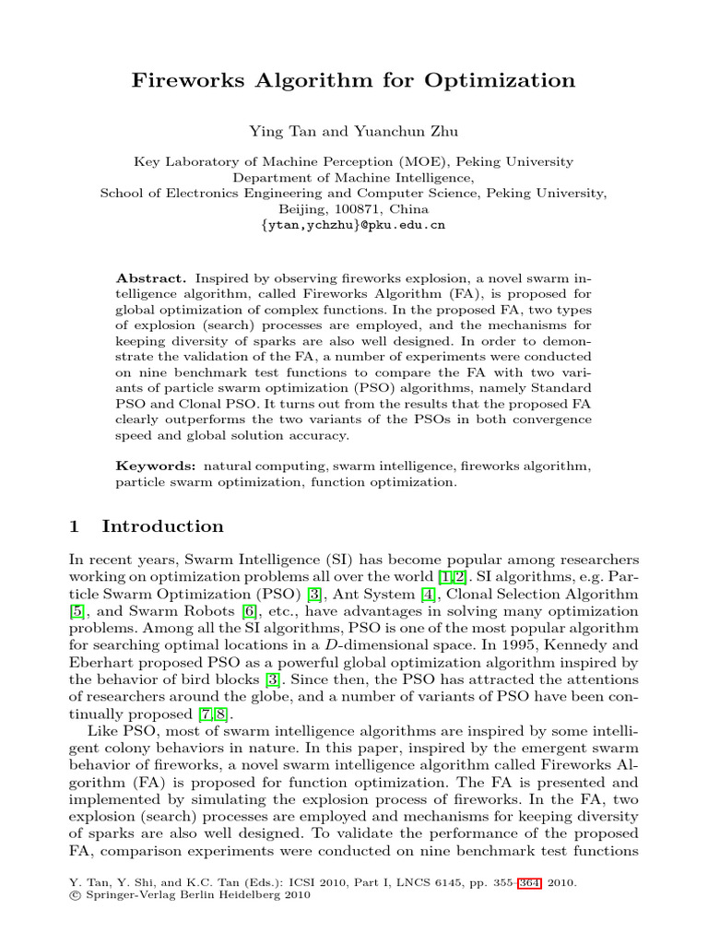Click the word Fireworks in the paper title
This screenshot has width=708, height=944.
[190, 80]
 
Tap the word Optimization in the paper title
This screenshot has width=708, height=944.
[500, 80]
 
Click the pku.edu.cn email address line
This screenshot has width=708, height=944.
[354, 224]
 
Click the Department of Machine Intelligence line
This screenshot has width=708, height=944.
[354, 177]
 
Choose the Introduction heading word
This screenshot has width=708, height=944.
[162, 526]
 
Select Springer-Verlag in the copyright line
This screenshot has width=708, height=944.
[126, 895]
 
